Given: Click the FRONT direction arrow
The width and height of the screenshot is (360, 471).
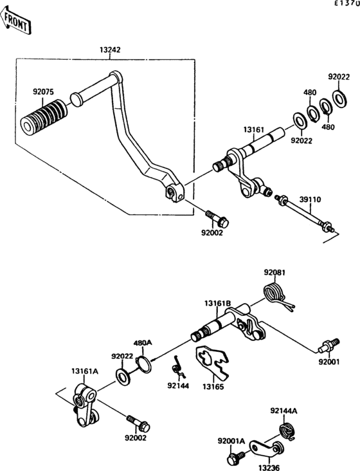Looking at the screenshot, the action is click(x=15, y=22).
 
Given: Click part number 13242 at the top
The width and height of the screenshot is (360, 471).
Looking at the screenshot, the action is click(x=110, y=50).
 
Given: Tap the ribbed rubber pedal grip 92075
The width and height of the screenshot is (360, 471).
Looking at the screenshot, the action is click(x=44, y=116).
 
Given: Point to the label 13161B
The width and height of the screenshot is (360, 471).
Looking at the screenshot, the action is click(x=218, y=304).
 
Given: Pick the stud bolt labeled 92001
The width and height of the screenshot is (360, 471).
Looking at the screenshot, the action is click(x=328, y=346).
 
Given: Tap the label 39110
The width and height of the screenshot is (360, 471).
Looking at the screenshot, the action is click(x=310, y=199).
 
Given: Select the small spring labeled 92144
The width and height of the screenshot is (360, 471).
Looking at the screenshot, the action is click(x=179, y=367).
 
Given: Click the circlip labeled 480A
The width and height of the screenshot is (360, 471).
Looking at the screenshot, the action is click(x=144, y=364).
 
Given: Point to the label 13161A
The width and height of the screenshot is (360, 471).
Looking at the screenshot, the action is click(x=85, y=371).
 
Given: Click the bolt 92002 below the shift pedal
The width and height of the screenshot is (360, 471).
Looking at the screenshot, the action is click(x=217, y=219).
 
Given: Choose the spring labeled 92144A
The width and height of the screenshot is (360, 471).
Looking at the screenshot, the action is click(x=287, y=431).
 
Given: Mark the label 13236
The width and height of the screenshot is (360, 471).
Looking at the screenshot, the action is click(x=269, y=467).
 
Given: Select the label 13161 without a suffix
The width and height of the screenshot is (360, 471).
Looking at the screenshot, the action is click(x=254, y=130).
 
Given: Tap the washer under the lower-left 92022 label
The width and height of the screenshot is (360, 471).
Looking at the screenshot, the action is click(x=123, y=376).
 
